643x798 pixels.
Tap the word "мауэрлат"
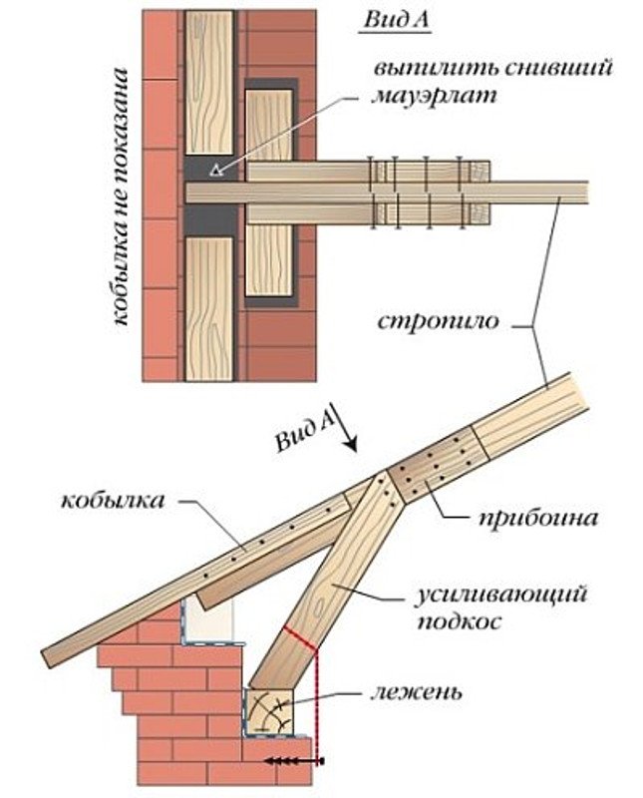pos(434,95)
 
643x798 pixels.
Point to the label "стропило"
pos(438,321)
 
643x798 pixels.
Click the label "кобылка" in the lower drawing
pos(113,501)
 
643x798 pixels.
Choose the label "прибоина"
pos(538,519)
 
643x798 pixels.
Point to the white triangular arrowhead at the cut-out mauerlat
pos(217,170)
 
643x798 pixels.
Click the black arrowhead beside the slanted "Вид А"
pos(351,445)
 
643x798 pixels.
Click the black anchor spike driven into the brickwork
pos(294,761)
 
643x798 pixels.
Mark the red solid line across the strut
pos(301,638)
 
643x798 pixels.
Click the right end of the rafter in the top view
pos(588,193)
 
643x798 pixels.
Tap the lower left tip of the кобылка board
pos(46,657)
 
